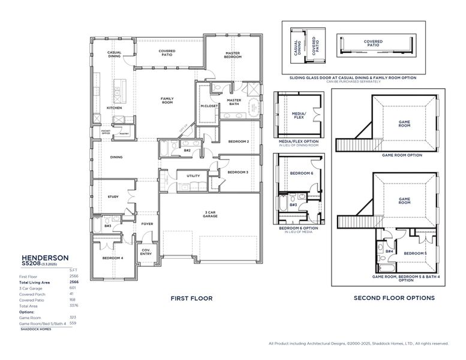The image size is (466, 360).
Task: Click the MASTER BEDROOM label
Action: [x=233, y=55]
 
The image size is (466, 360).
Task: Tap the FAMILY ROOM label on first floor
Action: [x=167, y=100]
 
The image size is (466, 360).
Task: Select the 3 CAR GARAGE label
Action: [x=210, y=214]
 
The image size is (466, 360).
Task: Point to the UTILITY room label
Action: [x=193, y=176]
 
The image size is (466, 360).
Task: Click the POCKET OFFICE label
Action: [x=106, y=132]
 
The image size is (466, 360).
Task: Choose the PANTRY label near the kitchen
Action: [x=124, y=133]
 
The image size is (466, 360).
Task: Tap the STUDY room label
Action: [x=113, y=196]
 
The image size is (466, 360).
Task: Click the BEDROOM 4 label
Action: [x=113, y=258]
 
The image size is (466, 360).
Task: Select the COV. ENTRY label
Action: [x=146, y=252]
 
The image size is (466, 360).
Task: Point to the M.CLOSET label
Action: [x=209, y=106]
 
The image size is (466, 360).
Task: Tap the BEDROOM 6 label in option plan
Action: [x=301, y=173]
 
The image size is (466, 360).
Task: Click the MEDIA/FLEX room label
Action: [x=298, y=114]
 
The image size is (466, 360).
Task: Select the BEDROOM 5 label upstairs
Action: [x=414, y=253]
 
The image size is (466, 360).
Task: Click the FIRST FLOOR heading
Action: [x=188, y=298]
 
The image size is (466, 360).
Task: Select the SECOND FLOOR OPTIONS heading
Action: [x=394, y=298]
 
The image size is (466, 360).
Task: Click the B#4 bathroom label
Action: [x=389, y=251]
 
